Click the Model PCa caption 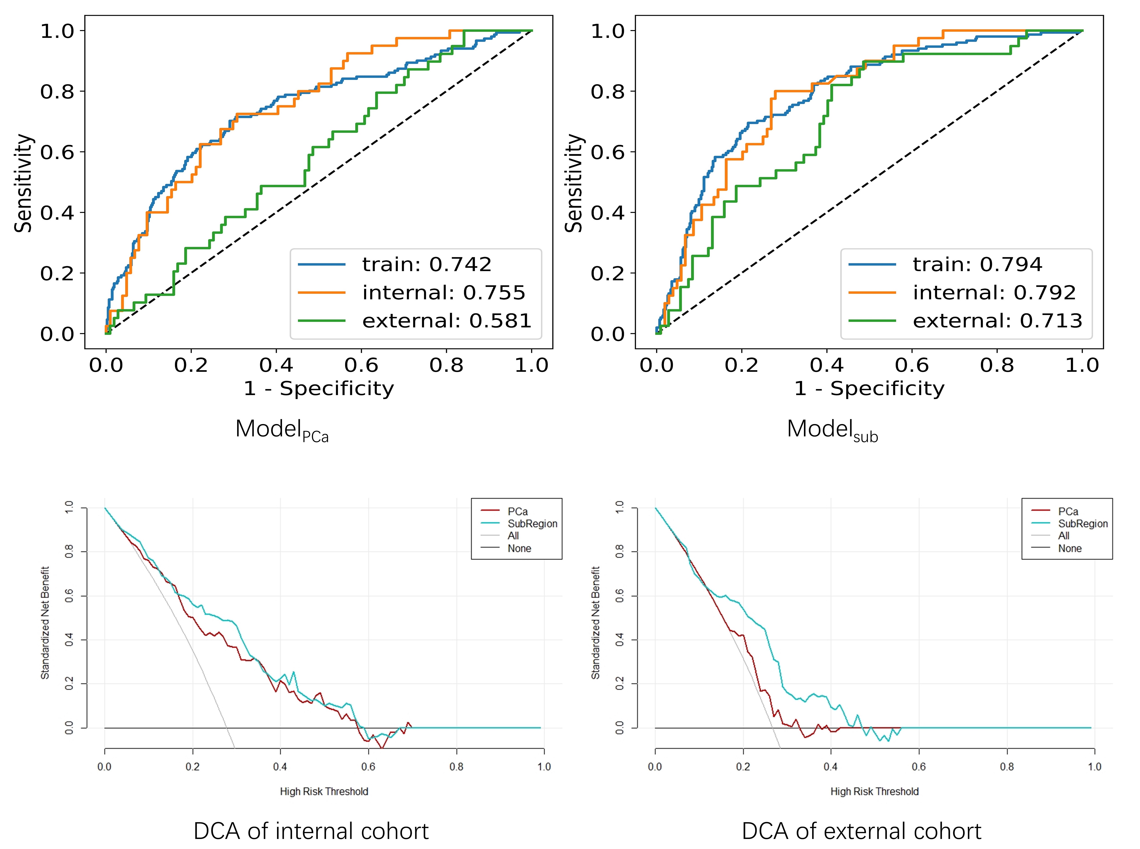pyautogui.click(x=282, y=430)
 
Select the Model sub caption pyautogui.click(x=832, y=430)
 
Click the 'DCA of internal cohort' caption pyautogui.click(x=311, y=831)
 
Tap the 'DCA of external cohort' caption pyautogui.click(x=862, y=831)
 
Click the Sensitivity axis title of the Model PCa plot pyautogui.click(x=23, y=183)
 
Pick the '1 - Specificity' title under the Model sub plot pyautogui.click(x=869, y=388)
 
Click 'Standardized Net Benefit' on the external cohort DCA pyautogui.click(x=596, y=623)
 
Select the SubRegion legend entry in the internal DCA pyautogui.click(x=532, y=524)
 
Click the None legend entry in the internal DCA pyautogui.click(x=519, y=548)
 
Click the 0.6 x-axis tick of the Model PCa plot pyautogui.click(x=361, y=365)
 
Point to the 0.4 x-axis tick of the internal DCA pyautogui.click(x=280, y=767)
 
